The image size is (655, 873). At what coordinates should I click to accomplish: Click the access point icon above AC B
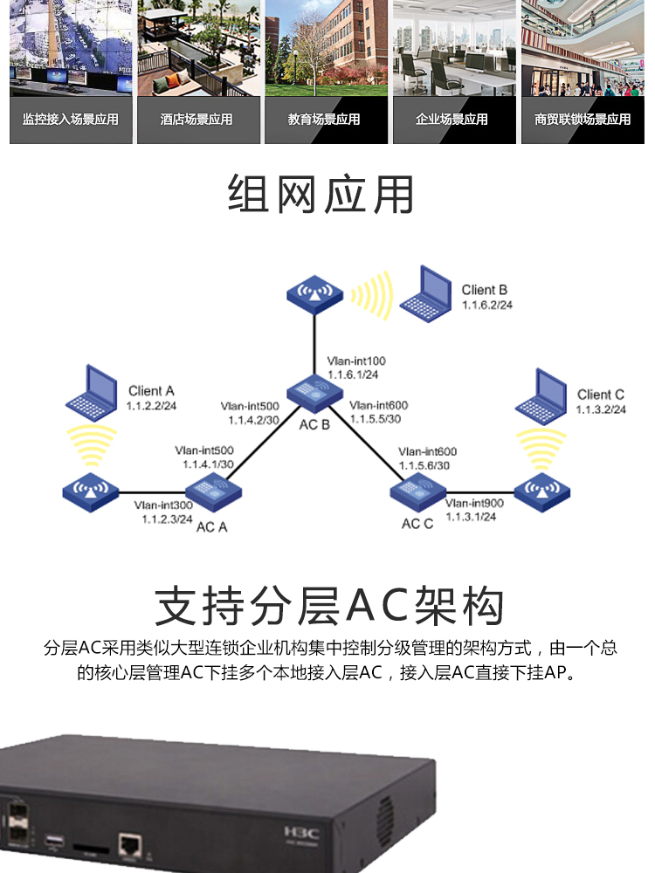coord(314,293)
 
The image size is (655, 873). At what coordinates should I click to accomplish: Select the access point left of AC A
coord(90,491)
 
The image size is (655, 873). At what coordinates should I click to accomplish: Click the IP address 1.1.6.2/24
coord(487,306)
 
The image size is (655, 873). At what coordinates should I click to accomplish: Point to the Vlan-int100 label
coord(356,361)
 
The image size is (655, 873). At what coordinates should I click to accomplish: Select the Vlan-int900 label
coord(474,503)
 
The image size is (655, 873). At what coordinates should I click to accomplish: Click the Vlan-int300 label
coord(163,505)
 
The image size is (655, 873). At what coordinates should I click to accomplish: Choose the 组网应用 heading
coord(321,194)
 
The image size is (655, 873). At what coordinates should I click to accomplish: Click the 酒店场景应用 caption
coord(196,120)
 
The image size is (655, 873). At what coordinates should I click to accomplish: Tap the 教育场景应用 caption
coord(324,120)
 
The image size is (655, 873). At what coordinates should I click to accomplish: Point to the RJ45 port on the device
coord(130,844)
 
